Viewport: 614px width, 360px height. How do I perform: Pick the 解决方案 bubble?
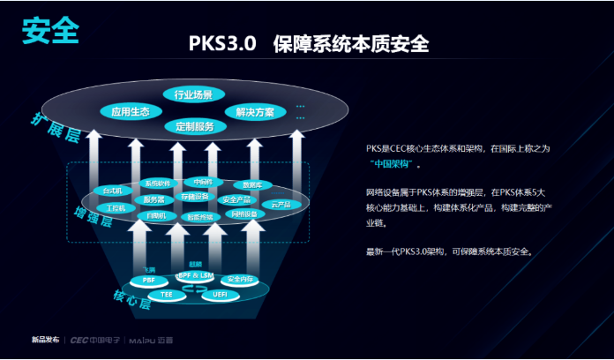click(255, 112)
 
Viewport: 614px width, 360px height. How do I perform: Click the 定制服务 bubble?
click(194, 126)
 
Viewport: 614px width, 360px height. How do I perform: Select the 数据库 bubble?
click(253, 185)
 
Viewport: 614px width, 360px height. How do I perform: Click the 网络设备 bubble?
click(244, 214)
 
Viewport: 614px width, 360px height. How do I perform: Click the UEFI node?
click(220, 294)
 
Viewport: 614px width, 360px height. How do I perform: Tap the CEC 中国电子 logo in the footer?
click(94, 340)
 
